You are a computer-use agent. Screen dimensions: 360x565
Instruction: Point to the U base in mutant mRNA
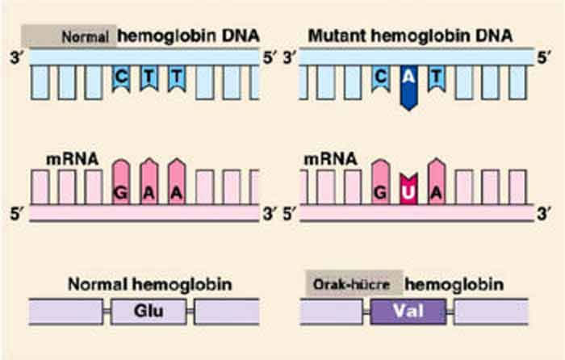409,194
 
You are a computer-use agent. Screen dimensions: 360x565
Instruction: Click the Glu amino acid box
149,311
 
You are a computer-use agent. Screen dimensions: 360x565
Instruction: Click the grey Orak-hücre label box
353,284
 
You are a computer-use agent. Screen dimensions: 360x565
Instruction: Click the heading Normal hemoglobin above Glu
150,284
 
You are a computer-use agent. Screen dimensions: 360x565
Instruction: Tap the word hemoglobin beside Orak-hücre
454,284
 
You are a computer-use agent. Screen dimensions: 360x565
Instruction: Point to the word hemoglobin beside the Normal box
165,36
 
